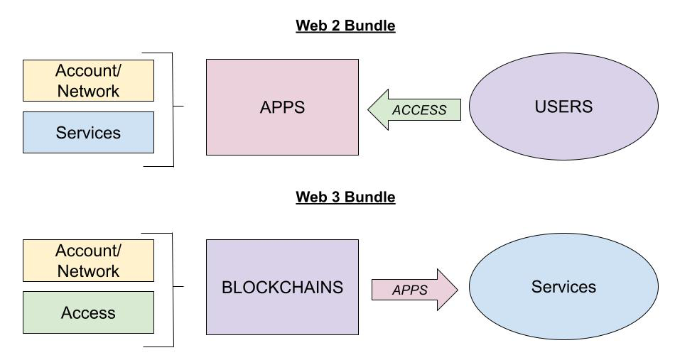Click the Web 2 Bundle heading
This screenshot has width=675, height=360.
coord(345,26)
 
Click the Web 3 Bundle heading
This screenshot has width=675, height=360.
coord(345,197)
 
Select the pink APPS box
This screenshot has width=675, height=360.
coord(282,107)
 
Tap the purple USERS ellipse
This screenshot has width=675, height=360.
coord(563,107)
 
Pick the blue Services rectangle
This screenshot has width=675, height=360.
coord(89,132)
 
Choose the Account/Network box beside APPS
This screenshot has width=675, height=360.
coord(89,80)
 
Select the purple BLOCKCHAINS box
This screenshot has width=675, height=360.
coord(282,287)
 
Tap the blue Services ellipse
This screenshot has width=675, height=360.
coord(563,287)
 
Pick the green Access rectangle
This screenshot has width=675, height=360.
coord(89,312)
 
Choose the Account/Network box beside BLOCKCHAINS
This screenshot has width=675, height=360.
coord(89,261)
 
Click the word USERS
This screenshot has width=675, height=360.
coord(563,107)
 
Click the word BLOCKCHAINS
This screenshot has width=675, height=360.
coord(282,288)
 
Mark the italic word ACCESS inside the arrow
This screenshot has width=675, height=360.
coord(419,110)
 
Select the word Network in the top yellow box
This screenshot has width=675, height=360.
coord(89,91)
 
